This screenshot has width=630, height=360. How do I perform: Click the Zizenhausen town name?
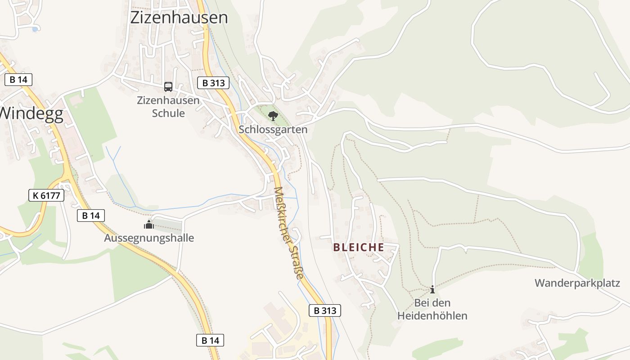(179, 18)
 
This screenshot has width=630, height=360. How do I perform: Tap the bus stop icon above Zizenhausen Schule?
(168, 86)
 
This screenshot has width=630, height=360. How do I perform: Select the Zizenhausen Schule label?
(168, 107)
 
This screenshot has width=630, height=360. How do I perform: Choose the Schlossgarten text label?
(273, 130)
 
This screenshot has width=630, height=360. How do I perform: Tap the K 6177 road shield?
(46, 195)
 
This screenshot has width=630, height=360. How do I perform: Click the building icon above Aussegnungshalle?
(149, 225)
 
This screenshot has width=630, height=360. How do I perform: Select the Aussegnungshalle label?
(149, 238)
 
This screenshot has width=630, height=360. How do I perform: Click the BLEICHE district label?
(359, 247)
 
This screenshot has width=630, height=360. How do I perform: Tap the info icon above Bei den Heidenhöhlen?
(432, 289)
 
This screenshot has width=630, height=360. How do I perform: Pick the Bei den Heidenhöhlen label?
(432, 309)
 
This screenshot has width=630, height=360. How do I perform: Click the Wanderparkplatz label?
(577, 283)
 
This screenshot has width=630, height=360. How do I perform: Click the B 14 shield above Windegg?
(18, 80)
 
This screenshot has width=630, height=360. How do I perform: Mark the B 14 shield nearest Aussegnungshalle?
(91, 216)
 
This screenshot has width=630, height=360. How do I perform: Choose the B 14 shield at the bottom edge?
(210, 340)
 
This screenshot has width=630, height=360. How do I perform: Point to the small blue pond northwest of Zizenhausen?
(35, 29)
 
